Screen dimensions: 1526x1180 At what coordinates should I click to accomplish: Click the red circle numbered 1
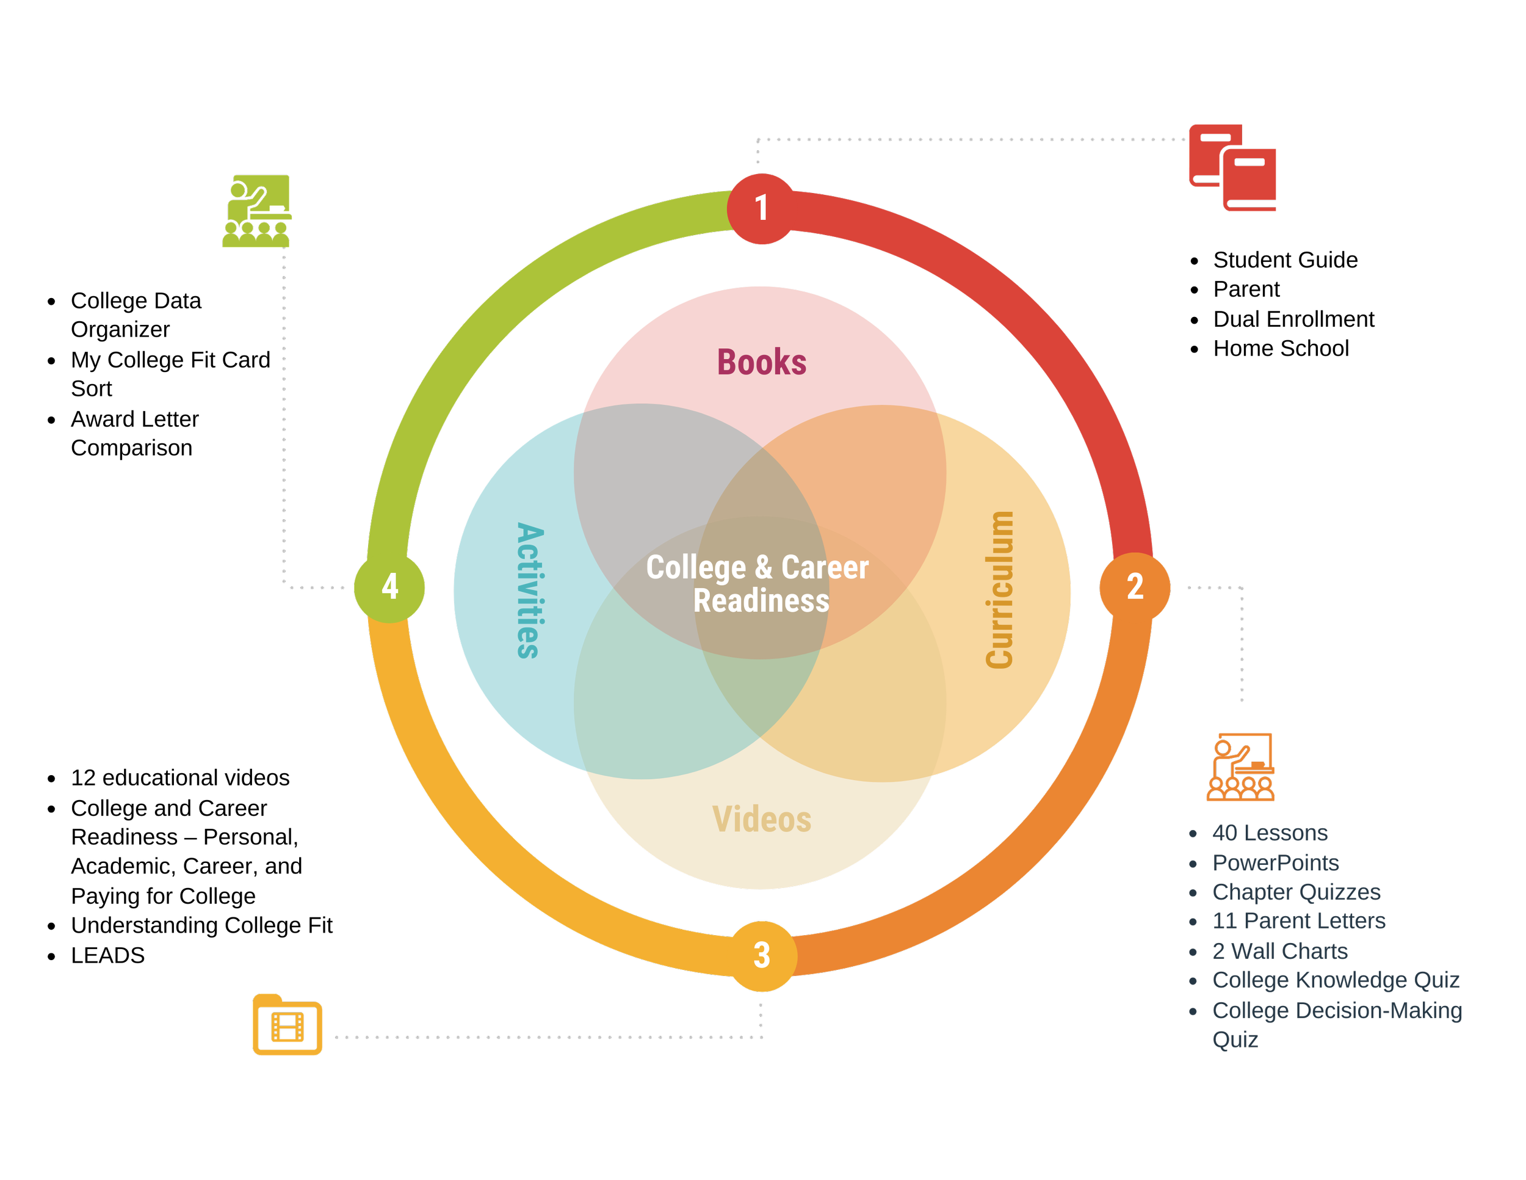point(761,208)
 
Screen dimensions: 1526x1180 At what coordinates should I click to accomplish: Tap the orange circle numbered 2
point(1135,586)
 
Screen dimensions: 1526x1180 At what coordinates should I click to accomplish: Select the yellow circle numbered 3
point(762,955)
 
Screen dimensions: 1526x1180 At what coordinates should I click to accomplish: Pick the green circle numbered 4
point(389,586)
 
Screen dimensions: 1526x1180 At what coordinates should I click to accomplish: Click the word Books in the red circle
point(762,362)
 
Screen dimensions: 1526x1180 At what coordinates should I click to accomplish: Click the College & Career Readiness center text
point(759,584)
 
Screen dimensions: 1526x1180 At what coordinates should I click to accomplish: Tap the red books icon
point(1232,168)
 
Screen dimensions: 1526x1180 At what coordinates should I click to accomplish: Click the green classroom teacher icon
point(257,211)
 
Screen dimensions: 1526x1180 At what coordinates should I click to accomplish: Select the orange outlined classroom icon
point(1241,767)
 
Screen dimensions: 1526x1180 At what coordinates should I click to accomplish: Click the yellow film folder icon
point(287,1024)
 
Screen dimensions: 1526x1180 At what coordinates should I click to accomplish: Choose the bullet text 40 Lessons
point(1270,832)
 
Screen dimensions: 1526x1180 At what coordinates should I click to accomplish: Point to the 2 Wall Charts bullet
point(1279,951)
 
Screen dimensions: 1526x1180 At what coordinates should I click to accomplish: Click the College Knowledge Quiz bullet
point(1336,980)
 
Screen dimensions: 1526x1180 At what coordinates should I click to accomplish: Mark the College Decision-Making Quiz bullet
point(1337,1011)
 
